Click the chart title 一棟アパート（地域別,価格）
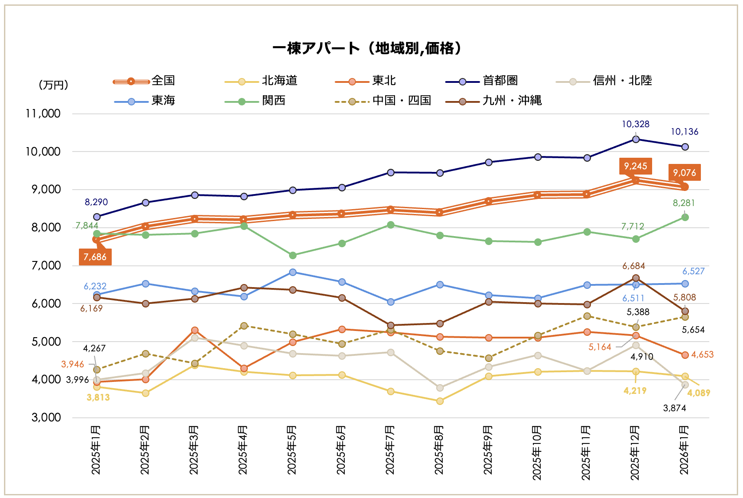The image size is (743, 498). pyautogui.click(x=368, y=48)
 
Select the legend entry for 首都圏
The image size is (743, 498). pyautogui.click(x=500, y=81)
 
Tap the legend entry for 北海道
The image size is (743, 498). pyautogui.click(x=279, y=81)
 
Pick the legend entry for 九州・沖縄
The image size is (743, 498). pyautogui.click(x=512, y=101)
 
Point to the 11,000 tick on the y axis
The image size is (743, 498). pyautogui.click(x=43, y=114)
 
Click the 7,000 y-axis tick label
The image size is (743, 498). pyautogui.click(x=46, y=266)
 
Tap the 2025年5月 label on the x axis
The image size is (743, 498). pyautogui.click(x=292, y=450)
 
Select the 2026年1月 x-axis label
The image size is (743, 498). pyautogui.click(x=684, y=450)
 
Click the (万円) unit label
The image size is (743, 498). pyautogui.click(x=54, y=85)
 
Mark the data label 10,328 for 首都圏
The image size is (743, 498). pyautogui.click(x=635, y=124)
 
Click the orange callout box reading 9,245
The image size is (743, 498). pyautogui.click(x=635, y=166)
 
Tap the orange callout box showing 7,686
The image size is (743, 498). pyautogui.click(x=95, y=257)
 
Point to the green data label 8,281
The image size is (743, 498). pyautogui.click(x=684, y=203)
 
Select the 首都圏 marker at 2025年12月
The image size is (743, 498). pyautogui.click(x=636, y=139)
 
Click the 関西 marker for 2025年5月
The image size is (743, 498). pyautogui.click(x=293, y=255)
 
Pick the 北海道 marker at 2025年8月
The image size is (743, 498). pyautogui.click(x=440, y=401)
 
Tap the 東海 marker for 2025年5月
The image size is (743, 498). pyautogui.click(x=293, y=272)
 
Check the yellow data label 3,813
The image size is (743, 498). pyautogui.click(x=98, y=397)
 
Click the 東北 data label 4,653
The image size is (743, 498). pyautogui.click(x=702, y=354)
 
